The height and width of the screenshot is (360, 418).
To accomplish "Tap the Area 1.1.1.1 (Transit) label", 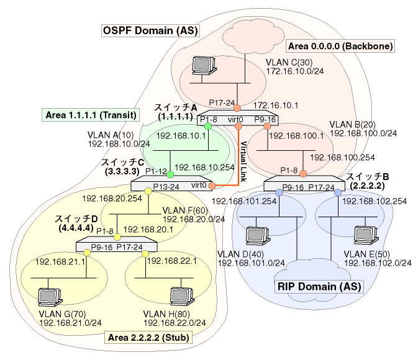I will tap(91, 115).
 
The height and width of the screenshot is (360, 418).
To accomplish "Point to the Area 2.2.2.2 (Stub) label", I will tap(149, 337).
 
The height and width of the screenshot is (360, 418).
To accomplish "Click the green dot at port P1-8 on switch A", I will tap(208, 126).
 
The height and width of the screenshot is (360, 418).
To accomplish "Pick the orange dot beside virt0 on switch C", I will tap(212, 186).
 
